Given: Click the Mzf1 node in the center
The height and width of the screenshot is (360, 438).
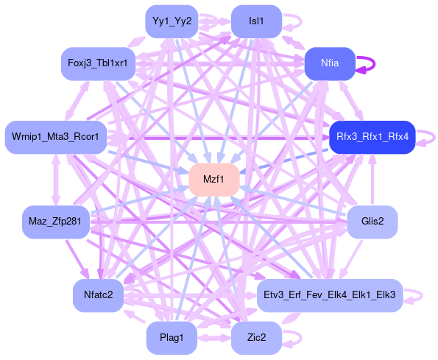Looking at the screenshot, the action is tap(214, 180).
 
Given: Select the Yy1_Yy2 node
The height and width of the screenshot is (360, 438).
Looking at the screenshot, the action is tap(172, 21).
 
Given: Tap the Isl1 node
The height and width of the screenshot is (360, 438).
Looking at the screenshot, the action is tap(256, 21).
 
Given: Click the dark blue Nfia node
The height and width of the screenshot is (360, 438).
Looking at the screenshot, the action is tap(330, 63).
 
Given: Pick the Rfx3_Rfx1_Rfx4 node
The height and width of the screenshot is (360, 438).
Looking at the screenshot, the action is tap(372, 137).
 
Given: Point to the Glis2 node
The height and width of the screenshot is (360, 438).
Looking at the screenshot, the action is tap(372, 222).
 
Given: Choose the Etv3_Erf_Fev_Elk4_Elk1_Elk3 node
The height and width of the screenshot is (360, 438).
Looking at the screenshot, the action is tap(330, 295).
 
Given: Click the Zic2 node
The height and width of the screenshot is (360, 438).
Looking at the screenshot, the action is tap(256, 338).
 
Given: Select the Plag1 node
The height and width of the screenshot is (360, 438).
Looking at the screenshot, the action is tap(172, 338).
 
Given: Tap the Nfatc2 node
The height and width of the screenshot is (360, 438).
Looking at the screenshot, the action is tap(99, 295).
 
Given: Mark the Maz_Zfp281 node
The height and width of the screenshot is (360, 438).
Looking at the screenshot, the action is tap(56, 222).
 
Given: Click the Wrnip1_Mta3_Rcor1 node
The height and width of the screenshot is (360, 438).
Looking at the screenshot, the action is tap(56, 137).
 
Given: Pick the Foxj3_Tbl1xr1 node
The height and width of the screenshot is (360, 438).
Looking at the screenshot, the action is tap(99, 63).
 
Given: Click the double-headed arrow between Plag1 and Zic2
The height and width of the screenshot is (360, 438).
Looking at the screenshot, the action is tap(214, 338).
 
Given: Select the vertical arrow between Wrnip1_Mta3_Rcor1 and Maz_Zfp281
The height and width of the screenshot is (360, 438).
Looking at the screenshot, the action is tap(56, 180).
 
